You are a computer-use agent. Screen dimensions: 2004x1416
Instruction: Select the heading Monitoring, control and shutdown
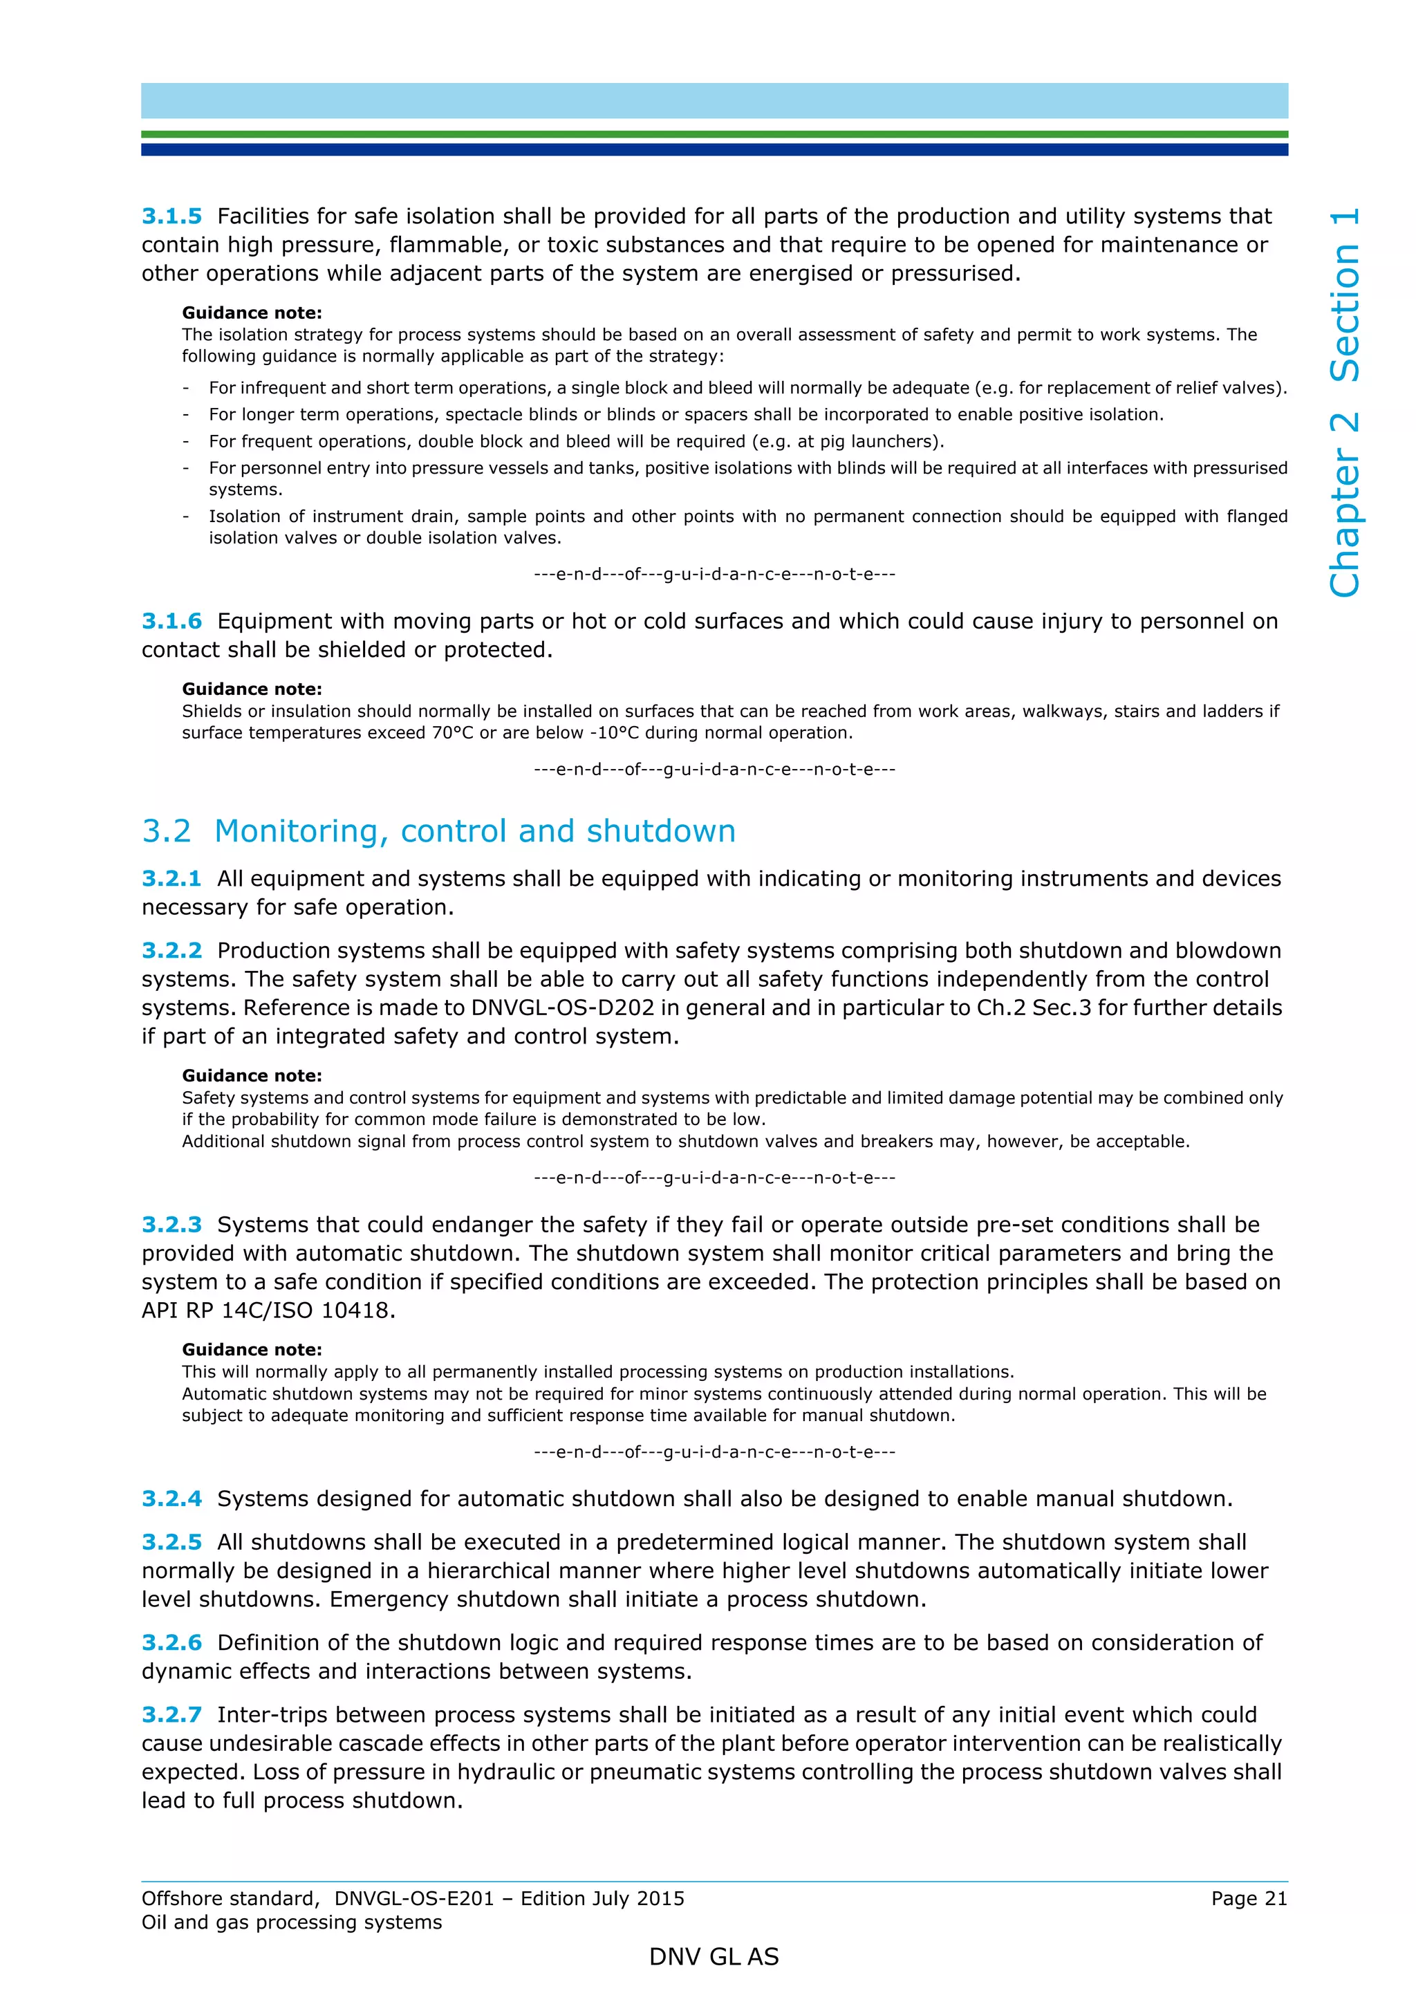474,831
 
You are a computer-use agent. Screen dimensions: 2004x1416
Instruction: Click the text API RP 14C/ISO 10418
268,1310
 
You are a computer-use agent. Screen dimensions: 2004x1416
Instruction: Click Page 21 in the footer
1249,1898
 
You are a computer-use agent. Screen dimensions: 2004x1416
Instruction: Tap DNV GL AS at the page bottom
713,1957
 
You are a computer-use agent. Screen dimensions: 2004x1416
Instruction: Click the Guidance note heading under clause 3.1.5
251,313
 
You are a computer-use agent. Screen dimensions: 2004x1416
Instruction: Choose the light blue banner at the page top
714,101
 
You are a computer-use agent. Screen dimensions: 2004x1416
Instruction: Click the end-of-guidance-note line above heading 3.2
714,770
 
